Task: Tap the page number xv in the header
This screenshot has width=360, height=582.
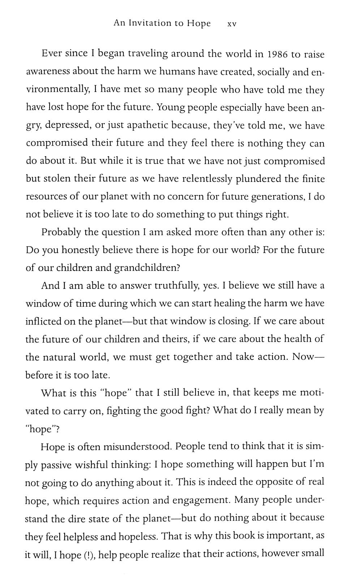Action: pos(231,24)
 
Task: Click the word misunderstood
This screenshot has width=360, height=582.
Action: pos(137,447)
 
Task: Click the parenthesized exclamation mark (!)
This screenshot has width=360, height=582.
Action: pos(88,555)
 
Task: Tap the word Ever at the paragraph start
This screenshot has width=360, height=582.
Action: pos(50,54)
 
